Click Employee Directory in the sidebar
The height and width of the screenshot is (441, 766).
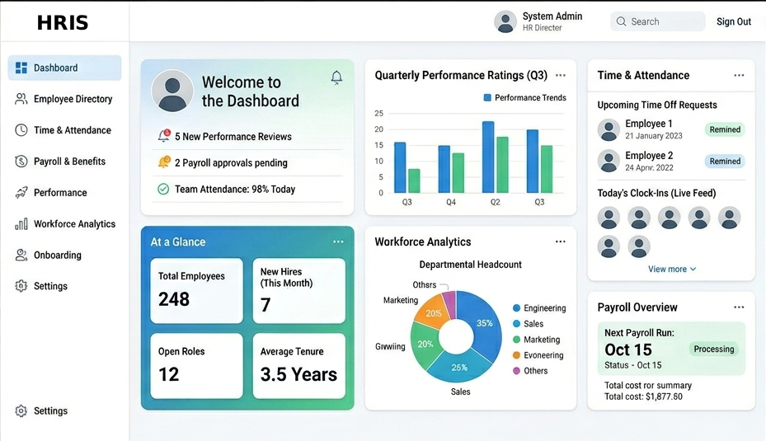click(73, 99)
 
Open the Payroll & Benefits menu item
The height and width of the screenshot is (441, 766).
click(69, 162)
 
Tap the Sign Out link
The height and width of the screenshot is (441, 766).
click(733, 22)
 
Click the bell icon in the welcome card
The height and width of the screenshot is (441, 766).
click(336, 77)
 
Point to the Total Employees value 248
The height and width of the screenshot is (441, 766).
click(174, 299)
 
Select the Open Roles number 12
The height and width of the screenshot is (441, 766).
click(168, 374)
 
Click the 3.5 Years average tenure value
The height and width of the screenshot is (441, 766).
click(298, 374)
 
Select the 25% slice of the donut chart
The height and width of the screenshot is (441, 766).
click(458, 368)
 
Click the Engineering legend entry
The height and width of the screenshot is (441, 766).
click(544, 308)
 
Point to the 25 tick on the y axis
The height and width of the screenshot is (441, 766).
click(378, 114)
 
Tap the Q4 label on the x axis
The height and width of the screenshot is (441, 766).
click(451, 202)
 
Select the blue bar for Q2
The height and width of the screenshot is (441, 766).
click(488, 157)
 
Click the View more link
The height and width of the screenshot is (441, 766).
click(671, 270)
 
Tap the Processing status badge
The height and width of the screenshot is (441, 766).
click(713, 349)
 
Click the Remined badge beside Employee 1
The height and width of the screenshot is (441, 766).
click(725, 129)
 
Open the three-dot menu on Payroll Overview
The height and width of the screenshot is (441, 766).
click(739, 307)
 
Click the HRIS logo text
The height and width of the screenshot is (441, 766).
click(63, 23)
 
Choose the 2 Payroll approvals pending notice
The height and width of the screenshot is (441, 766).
click(231, 163)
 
